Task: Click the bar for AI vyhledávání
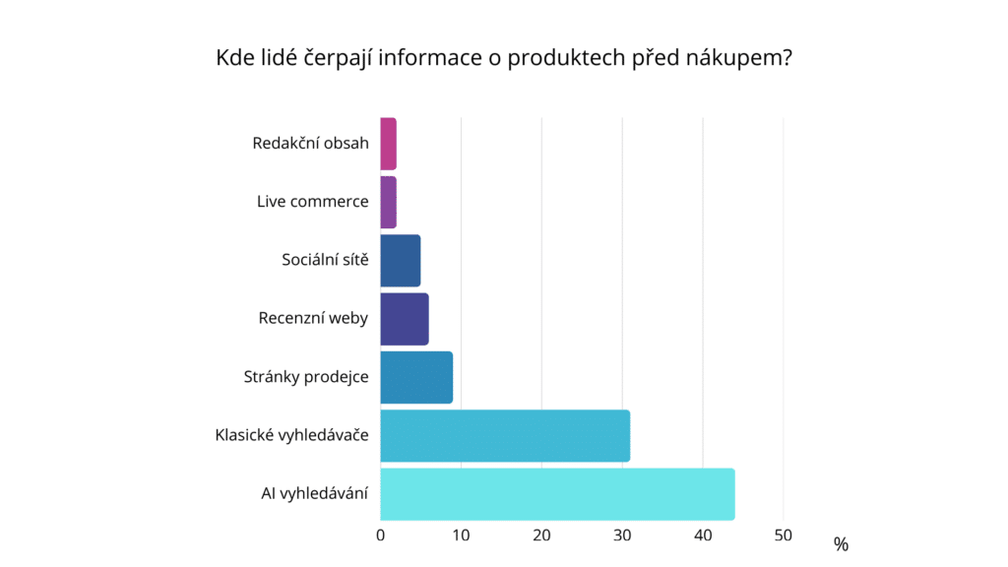[x=557, y=494]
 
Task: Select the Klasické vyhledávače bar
[x=504, y=436]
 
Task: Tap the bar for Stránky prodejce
[x=415, y=377]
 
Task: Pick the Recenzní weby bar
[x=404, y=319]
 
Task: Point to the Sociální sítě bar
[x=400, y=261]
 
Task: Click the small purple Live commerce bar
[x=388, y=202]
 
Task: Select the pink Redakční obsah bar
[x=388, y=144]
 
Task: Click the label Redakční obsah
[x=310, y=144]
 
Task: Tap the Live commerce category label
[x=312, y=202]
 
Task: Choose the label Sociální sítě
[x=325, y=261]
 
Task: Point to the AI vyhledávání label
[x=307, y=494]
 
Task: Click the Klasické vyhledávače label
[x=291, y=436]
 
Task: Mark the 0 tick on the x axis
[x=381, y=535]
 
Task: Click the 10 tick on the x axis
[x=461, y=535]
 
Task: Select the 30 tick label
[x=622, y=535]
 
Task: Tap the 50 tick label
[x=783, y=535]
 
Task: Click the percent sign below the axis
[x=840, y=544]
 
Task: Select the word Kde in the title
[x=232, y=58]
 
